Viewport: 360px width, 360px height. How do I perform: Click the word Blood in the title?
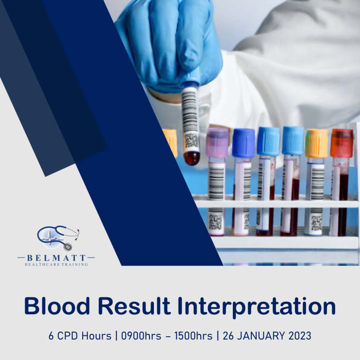coord(57,306)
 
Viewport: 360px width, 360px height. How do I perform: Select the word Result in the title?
coord(134,306)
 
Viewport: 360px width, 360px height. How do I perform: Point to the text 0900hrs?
coord(141,336)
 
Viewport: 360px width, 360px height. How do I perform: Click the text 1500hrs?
coord(193,336)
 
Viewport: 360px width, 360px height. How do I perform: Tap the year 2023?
coord(300,336)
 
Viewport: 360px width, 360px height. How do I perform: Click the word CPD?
coord(67,336)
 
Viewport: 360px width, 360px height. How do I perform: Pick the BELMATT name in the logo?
coord(56,258)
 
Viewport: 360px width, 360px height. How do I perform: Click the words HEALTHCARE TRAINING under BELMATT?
coord(56,265)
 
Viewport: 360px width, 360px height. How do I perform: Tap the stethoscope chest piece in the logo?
coord(67,247)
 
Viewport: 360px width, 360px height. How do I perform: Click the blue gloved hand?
coord(169,44)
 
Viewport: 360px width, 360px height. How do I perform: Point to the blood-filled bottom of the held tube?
coord(192,158)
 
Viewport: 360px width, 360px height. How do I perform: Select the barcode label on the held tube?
coord(190,119)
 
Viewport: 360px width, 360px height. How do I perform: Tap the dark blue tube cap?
coord(243,143)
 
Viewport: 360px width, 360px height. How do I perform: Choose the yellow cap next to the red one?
coord(316,143)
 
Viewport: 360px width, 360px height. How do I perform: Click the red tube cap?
coord(341,143)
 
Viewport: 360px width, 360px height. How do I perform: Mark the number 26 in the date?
coord(228,336)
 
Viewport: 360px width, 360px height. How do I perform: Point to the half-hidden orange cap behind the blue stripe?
coord(171,143)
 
